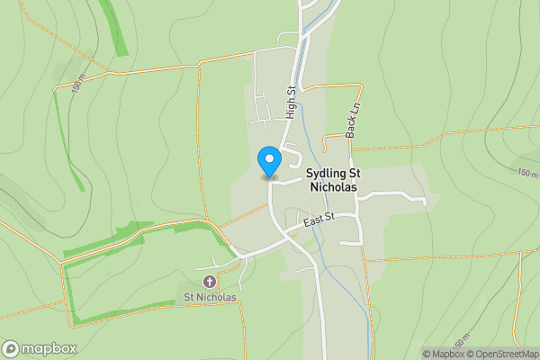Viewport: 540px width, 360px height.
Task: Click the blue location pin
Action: [x=268, y=162]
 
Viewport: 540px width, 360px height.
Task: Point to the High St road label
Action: [x=291, y=102]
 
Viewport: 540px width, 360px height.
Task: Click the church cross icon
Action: [x=210, y=282]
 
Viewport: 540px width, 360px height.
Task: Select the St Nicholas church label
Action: [x=210, y=297]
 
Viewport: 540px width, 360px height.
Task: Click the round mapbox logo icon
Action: [x=12, y=348]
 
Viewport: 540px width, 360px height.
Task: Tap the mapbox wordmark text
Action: [x=49, y=348]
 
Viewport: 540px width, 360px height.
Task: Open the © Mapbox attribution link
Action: [x=443, y=354]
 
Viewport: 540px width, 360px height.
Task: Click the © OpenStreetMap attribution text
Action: [x=501, y=354]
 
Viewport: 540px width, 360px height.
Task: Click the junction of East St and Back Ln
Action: [x=357, y=214]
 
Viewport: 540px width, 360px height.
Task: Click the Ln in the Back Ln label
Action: [x=354, y=106]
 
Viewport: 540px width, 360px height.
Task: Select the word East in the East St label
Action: [x=313, y=221]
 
